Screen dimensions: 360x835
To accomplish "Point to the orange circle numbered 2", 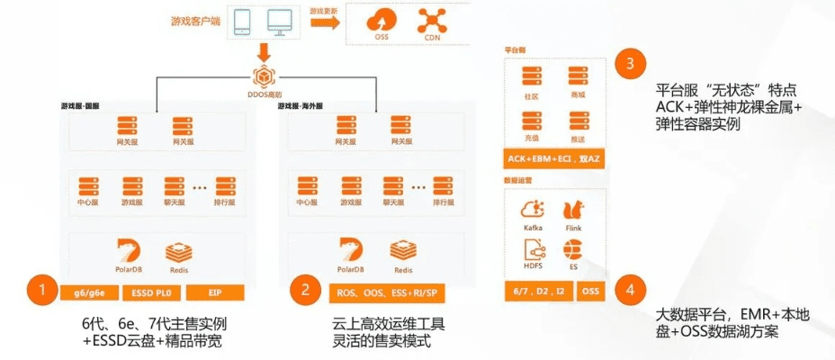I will [306, 290].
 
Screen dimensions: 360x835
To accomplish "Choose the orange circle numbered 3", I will [630, 64].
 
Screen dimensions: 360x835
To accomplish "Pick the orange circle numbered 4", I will [630, 290].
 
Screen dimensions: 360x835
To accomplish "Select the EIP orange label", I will [215, 292].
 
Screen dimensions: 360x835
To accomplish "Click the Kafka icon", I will [533, 211].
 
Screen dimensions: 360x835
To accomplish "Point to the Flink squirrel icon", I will [573, 211].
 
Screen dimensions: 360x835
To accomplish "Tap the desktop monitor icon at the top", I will [280, 21].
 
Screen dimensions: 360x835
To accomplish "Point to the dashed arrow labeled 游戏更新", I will [324, 21].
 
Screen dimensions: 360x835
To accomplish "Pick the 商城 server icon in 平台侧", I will [577, 77].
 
